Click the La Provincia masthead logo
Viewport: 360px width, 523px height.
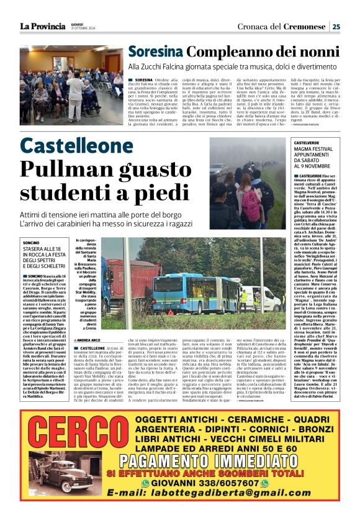pyautogui.click(x=42, y=26)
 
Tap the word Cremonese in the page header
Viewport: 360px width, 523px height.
pyautogui.click(x=305, y=27)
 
